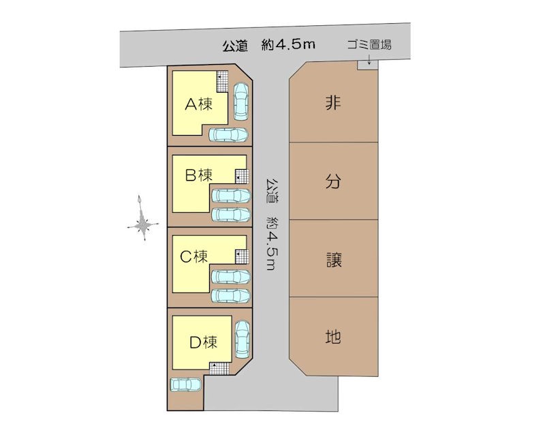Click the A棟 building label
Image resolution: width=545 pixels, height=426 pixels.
pyautogui.click(x=198, y=104)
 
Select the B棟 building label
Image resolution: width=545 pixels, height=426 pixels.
pyautogui.click(x=199, y=175)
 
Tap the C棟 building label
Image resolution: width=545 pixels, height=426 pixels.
pyautogui.click(x=194, y=257)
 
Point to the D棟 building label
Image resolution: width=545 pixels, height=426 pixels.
pyautogui.click(x=204, y=342)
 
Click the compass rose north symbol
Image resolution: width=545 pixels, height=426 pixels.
pyautogui.click(x=143, y=218)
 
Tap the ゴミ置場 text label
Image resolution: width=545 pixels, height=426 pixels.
pyautogui.click(x=369, y=45)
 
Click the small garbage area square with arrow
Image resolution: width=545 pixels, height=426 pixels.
pyautogui.click(x=368, y=65)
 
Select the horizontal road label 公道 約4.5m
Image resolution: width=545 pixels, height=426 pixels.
pyautogui.click(x=268, y=45)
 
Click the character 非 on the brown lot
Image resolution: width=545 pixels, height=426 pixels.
pyautogui.click(x=333, y=103)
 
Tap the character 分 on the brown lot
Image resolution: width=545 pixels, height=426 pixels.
pyautogui.click(x=333, y=181)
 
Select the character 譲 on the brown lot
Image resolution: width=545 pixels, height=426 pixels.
pyautogui.click(x=334, y=260)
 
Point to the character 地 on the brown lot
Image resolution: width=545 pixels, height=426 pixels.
pyautogui.click(x=333, y=337)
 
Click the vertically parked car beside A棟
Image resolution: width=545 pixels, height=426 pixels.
pyautogui.click(x=241, y=101)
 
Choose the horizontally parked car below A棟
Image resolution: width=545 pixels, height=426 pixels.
pyautogui.click(x=228, y=134)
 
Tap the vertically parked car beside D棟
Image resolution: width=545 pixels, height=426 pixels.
pyautogui.click(x=243, y=339)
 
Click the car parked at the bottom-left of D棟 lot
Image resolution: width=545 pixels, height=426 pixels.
pyautogui.click(x=185, y=384)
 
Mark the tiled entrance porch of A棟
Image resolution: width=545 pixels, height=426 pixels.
pyautogui.click(x=222, y=81)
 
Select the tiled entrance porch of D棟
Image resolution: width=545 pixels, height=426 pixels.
pyautogui.click(x=219, y=368)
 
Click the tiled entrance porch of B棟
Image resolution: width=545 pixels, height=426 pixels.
pyautogui.click(x=242, y=177)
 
